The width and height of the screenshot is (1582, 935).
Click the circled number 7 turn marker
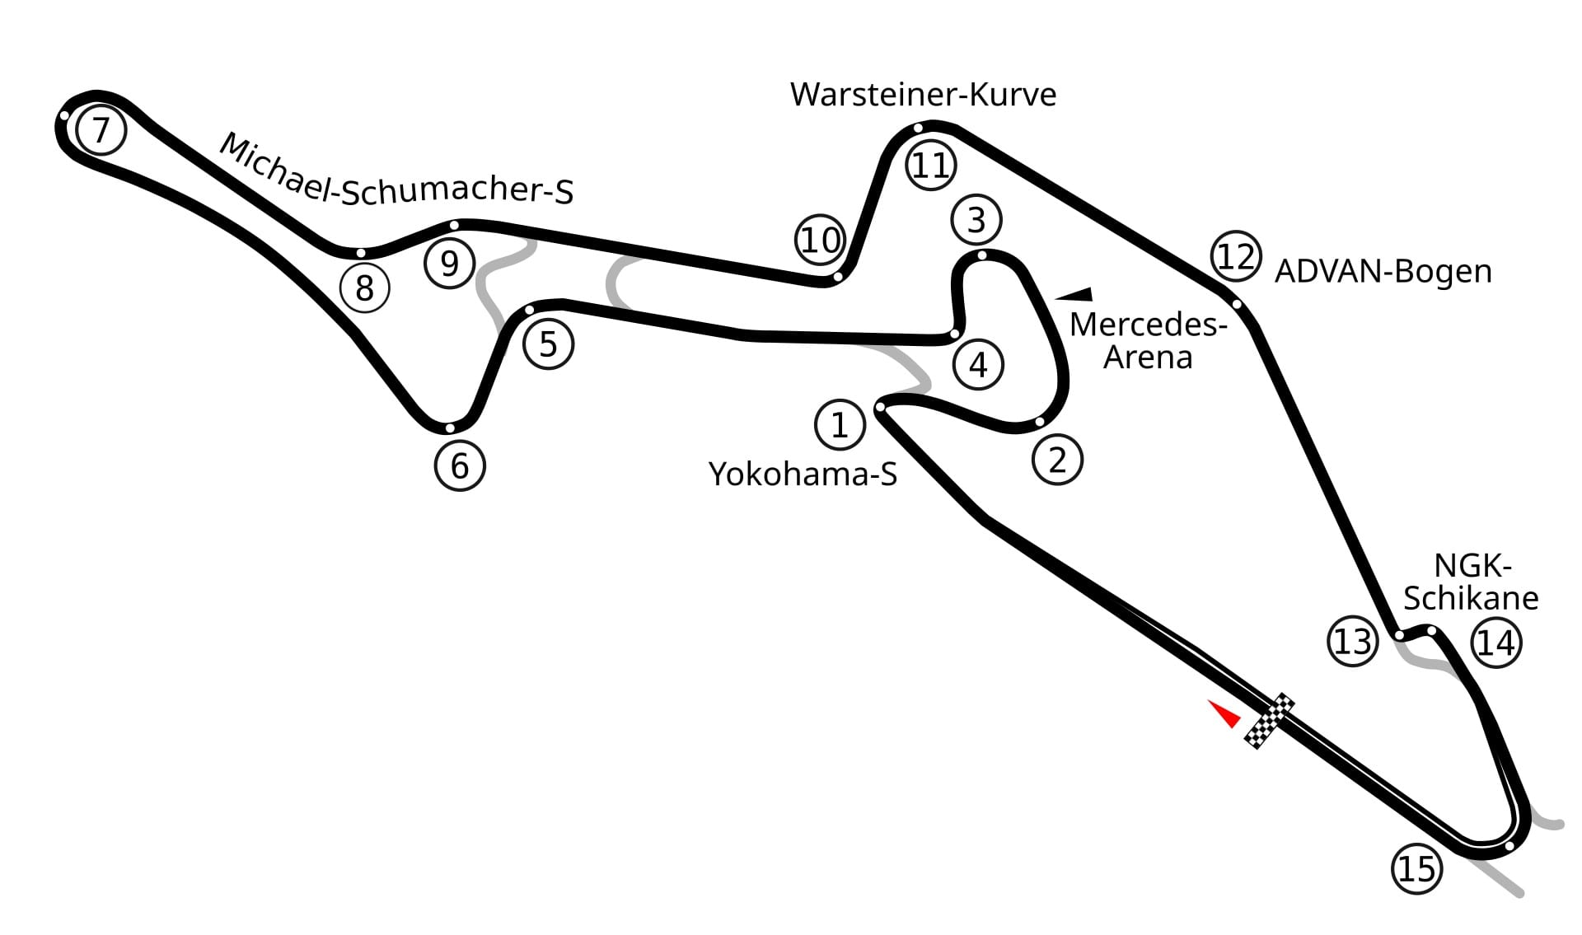101,130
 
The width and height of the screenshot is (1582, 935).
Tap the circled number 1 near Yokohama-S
840,425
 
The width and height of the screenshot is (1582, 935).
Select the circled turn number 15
1417,868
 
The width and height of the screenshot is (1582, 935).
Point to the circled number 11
931,166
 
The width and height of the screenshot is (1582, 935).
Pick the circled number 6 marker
460,466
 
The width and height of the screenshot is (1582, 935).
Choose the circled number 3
976,220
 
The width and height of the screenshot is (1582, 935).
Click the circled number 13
1353,642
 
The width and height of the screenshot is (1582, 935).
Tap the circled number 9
449,264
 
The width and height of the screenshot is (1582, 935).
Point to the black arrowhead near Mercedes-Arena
1074,294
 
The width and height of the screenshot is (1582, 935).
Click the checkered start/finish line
1269,722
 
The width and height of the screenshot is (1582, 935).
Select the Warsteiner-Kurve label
923,95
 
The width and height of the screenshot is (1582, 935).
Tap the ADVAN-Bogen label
1383,271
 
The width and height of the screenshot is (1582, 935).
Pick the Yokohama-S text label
803,475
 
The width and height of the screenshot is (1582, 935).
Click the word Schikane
1471,598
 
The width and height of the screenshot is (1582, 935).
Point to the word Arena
1148,358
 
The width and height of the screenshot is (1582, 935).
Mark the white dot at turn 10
837,277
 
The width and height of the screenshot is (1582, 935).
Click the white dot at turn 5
529,311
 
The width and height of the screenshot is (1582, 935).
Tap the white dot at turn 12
1237,304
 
